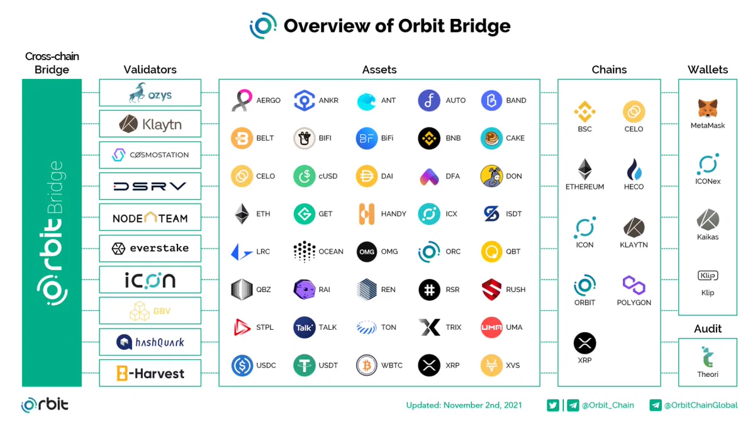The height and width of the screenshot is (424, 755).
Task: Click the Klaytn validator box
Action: (x=150, y=124)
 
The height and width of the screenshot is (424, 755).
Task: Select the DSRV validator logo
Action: (x=150, y=186)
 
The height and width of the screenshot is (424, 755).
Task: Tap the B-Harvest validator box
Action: (x=150, y=373)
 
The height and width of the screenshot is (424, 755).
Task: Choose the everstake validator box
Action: (x=150, y=248)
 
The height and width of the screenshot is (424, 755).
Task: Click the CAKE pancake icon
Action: (x=491, y=138)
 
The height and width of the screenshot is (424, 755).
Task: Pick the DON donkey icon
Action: (x=491, y=176)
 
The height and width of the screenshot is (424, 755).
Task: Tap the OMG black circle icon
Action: (x=367, y=252)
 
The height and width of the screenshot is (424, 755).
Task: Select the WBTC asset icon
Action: (x=367, y=365)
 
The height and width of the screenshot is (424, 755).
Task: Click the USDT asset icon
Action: (x=305, y=365)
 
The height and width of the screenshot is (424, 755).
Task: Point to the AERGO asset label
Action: (x=268, y=101)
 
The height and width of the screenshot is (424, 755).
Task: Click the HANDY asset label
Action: (x=393, y=214)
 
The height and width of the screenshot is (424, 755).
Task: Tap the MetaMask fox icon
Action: (x=707, y=108)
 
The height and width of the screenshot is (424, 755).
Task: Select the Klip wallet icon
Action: (x=707, y=276)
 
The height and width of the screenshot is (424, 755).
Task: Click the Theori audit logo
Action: (x=707, y=357)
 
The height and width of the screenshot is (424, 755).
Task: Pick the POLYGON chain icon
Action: (x=634, y=285)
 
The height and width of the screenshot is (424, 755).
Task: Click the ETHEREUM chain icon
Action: (x=584, y=169)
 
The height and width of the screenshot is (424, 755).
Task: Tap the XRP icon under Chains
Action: (x=584, y=343)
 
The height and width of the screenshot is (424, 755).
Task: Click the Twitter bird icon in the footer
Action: (x=553, y=405)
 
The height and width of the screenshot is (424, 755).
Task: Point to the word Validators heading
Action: (x=150, y=70)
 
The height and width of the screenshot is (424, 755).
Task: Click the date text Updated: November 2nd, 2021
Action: (x=464, y=405)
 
